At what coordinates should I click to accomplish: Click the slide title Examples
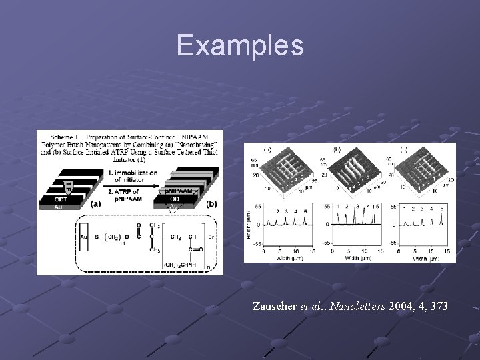pyautogui.click(x=240, y=45)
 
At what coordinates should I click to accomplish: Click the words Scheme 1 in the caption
pyautogui.click(x=63, y=136)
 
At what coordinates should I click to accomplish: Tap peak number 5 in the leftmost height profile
pyautogui.click(x=305, y=212)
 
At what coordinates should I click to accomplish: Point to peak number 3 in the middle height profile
pyautogui.click(x=357, y=207)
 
